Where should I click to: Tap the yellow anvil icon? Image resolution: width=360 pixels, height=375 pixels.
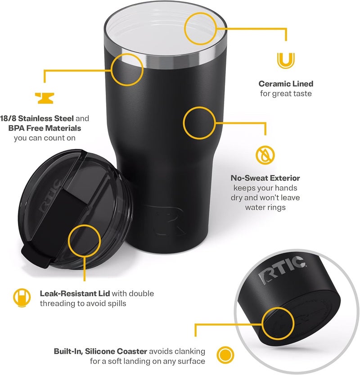pos(45,98)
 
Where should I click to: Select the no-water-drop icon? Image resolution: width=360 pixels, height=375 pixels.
pos(265,155)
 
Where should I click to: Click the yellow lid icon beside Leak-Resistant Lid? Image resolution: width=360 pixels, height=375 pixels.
pos(22,298)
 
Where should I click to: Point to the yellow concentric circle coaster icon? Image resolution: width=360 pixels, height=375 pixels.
pos(225,355)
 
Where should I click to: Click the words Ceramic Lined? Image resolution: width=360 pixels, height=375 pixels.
pos(286,84)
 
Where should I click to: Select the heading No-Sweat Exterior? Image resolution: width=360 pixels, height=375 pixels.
pos(265,178)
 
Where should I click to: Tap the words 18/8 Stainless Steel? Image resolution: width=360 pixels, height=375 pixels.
pos(37,118)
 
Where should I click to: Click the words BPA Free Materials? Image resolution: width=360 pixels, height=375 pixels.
pos(45,128)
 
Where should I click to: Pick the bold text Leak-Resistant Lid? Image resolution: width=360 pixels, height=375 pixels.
pos(75,294)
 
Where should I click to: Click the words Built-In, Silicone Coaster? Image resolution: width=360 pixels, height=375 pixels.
pos(100,351)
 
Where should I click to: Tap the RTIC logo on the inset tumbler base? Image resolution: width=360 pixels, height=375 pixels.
pos(282,270)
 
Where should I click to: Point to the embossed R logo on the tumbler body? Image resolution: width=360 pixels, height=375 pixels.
pos(166,220)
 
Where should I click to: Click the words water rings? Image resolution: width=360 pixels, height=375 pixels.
pos(265,208)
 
